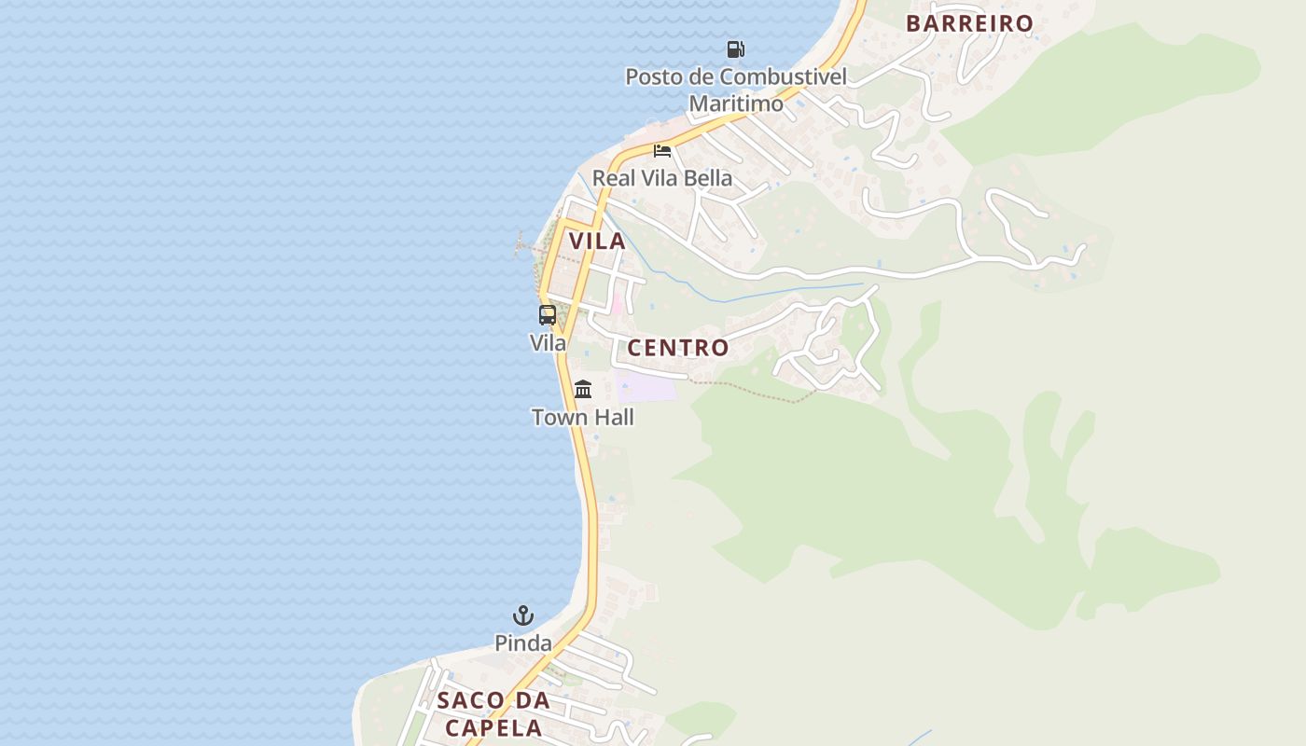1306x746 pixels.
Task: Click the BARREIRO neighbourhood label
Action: click(x=970, y=23)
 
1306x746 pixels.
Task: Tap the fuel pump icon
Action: click(x=736, y=48)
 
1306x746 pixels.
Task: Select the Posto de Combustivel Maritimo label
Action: click(x=736, y=90)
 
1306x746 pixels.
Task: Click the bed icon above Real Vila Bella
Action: click(x=662, y=150)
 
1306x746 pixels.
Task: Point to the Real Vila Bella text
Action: click(x=662, y=178)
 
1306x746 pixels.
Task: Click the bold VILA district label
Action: click(x=597, y=241)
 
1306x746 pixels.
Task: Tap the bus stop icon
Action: click(x=548, y=315)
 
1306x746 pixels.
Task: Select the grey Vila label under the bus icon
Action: click(x=548, y=343)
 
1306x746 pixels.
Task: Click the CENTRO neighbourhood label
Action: click(x=678, y=348)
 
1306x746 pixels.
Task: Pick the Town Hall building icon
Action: click(x=583, y=389)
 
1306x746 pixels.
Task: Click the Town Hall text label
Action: click(x=583, y=417)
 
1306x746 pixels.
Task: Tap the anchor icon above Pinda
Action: click(x=523, y=615)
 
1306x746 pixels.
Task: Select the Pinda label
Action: click(x=523, y=643)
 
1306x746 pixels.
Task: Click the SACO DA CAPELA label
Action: click(x=493, y=713)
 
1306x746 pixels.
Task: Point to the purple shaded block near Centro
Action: click(x=646, y=386)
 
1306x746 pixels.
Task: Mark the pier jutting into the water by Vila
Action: click(x=528, y=246)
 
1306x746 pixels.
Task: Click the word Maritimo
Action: click(x=736, y=104)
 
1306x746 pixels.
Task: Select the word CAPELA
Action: click(x=493, y=727)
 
